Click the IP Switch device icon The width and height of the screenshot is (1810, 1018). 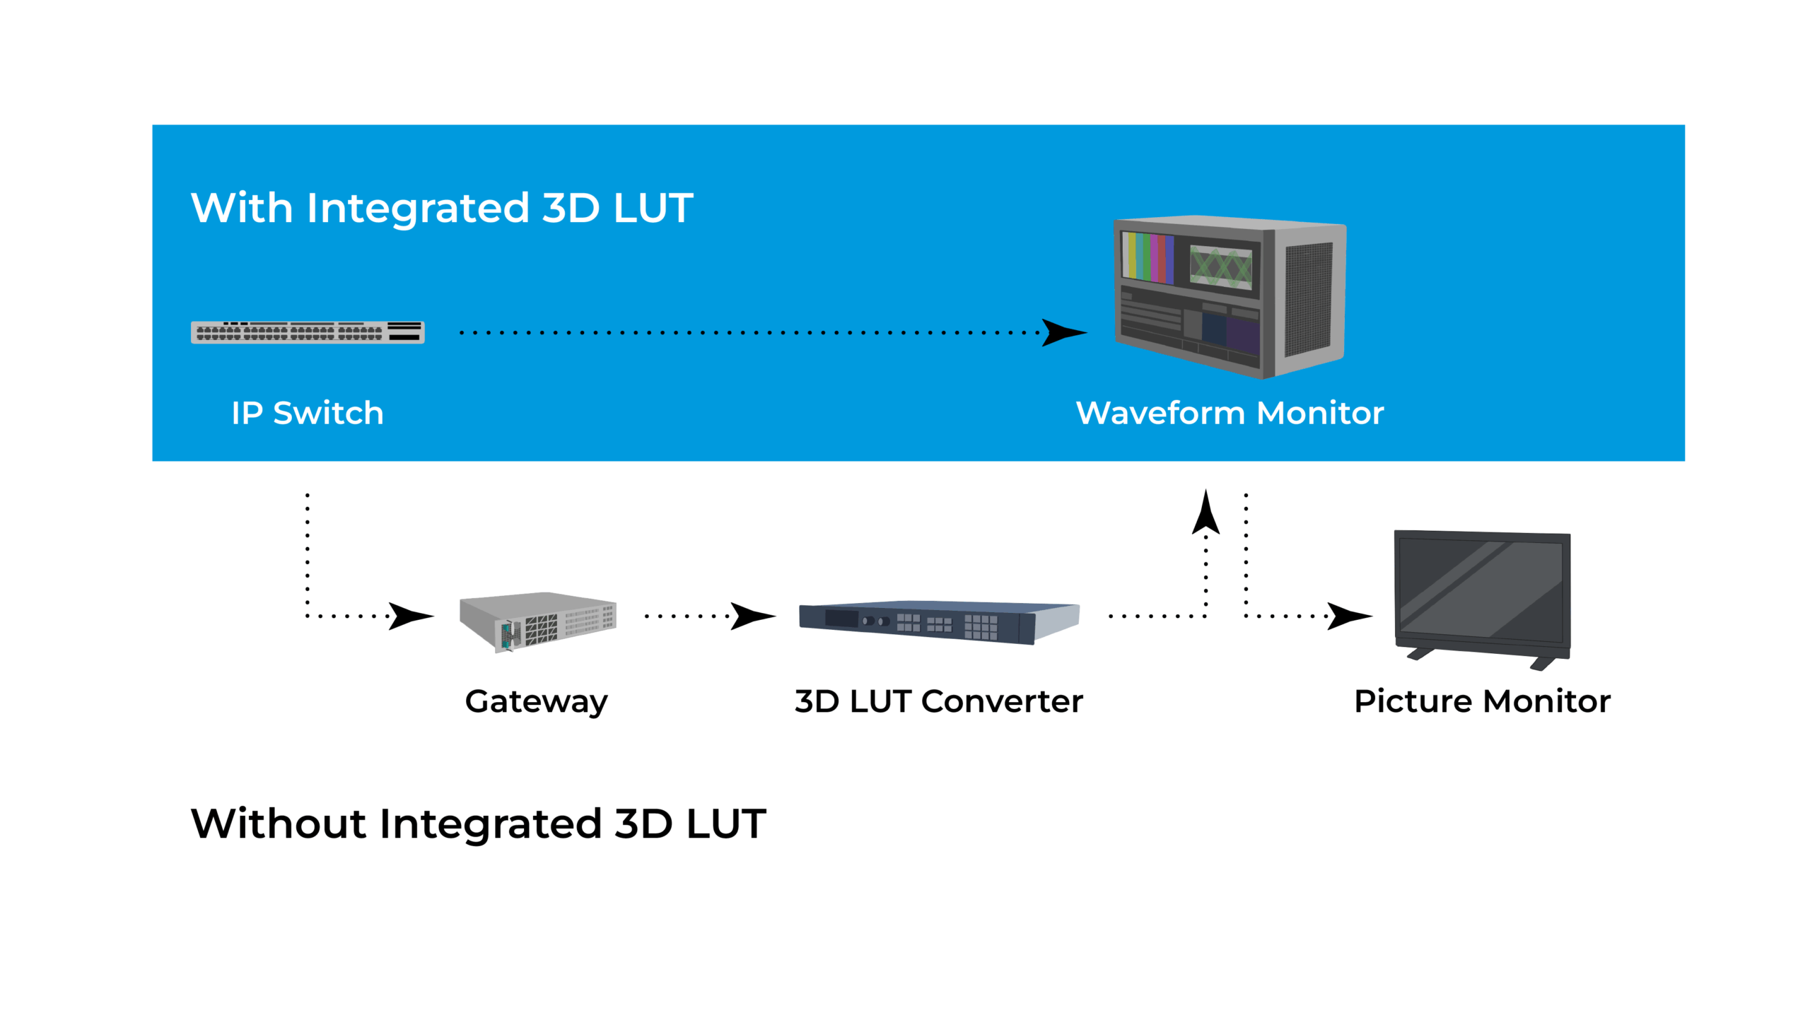click(307, 332)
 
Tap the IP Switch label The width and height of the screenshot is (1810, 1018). click(307, 413)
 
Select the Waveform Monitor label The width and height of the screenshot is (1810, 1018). click(1229, 413)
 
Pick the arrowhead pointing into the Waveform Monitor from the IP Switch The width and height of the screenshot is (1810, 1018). click(1063, 332)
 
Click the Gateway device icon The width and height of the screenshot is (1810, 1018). click(537, 621)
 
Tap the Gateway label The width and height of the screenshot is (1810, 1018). click(536, 701)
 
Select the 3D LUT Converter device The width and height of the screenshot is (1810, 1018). click(939, 621)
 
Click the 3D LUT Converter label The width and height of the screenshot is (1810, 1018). click(938, 701)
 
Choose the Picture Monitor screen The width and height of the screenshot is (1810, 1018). click(1481, 588)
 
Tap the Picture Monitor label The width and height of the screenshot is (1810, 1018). click(1482, 701)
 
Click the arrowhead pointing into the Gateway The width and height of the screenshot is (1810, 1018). click(410, 616)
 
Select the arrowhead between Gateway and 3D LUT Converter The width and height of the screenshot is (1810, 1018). click(752, 616)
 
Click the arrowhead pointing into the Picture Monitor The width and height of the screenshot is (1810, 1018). click(1348, 616)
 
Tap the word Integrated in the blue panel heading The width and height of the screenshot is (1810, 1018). click(418, 208)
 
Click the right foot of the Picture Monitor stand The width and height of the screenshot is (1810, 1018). click(1543, 663)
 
